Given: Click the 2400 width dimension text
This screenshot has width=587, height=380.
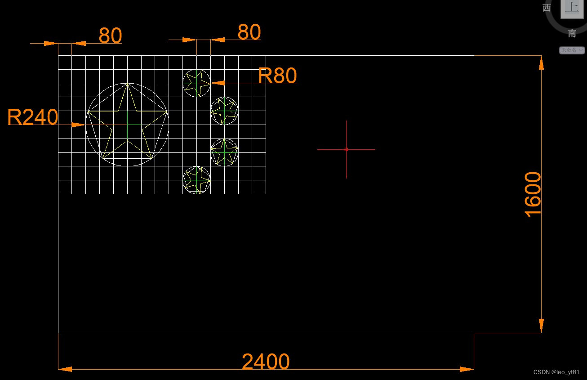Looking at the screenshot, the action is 266,362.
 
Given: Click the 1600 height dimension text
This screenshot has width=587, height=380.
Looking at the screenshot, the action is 533,194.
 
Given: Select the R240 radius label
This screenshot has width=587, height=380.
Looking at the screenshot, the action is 33,117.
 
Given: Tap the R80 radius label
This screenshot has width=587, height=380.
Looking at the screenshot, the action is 277,76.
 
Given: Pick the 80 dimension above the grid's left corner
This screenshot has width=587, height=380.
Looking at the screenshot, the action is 110,36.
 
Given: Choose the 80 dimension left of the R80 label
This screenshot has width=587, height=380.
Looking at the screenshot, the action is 249,32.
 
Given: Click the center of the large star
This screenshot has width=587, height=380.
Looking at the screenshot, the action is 128,125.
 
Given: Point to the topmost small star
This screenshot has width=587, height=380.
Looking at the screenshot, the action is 197,83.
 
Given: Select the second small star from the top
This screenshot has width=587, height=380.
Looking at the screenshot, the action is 224,111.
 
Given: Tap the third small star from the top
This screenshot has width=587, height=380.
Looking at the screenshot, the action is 224,152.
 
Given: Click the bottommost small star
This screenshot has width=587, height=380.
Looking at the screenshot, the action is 197,180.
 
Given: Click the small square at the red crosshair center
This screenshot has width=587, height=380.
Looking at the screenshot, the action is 346,149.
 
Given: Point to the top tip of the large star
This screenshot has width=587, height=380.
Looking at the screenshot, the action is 128,84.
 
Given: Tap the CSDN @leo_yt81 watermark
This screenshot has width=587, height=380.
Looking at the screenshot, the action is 556,372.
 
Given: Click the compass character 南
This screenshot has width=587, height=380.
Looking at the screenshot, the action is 572,33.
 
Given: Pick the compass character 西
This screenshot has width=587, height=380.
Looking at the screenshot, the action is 547,8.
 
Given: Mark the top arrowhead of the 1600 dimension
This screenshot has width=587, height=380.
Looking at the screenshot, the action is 541,63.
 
